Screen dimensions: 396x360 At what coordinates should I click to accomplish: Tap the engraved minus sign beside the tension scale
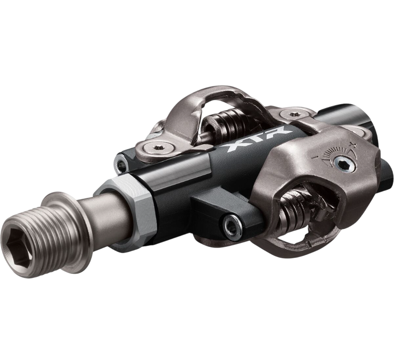tap(314, 157)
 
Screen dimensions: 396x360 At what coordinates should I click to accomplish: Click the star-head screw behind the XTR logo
tap(293, 114)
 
